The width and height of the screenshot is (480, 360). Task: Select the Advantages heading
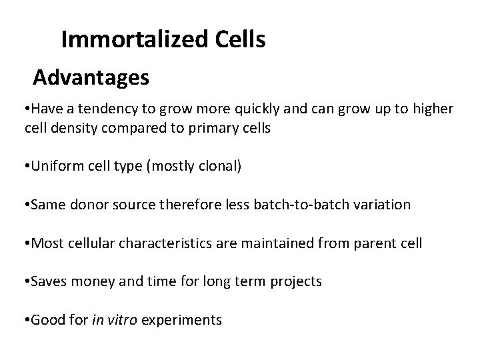click(91, 79)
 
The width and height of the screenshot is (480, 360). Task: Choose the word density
click(68, 128)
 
